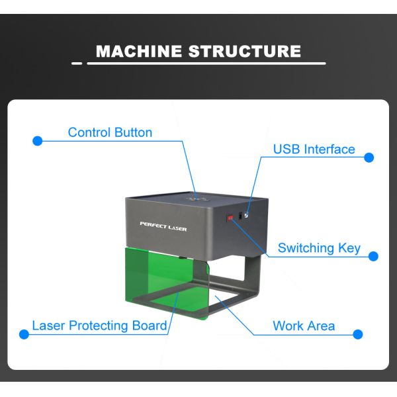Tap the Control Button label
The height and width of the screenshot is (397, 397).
pyautogui.click(x=110, y=132)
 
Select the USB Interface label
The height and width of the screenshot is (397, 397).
pyautogui.click(x=314, y=149)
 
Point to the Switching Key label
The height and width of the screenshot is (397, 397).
pyautogui.click(x=319, y=248)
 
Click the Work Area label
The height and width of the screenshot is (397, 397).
pyautogui.click(x=304, y=326)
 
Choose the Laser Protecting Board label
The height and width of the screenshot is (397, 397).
pyautogui.click(x=99, y=326)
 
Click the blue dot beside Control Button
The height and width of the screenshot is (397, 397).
pyautogui.click(x=38, y=140)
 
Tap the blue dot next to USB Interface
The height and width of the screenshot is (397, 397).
pyautogui.click(x=369, y=157)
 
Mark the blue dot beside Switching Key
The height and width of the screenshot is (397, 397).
pyautogui.click(x=373, y=256)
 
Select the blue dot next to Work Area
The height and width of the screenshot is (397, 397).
pyautogui.click(x=358, y=334)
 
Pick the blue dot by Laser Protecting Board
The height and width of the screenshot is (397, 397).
pyautogui.click(x=24, y=334)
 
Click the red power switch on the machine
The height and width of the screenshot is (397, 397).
pyautogui.click(x=230, y=216)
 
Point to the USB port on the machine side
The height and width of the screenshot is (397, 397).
pyautogui.click(x=246, y=214)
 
